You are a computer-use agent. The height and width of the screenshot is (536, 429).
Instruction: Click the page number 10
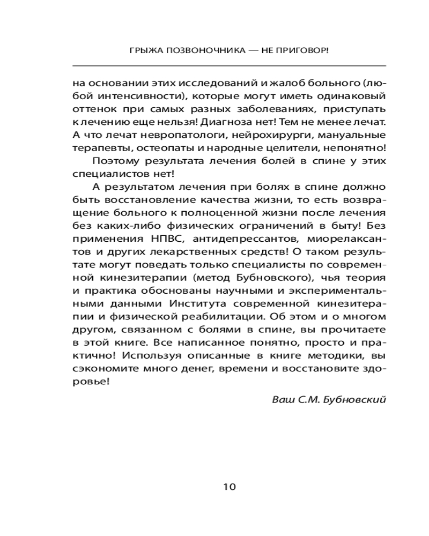click(229, 487)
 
